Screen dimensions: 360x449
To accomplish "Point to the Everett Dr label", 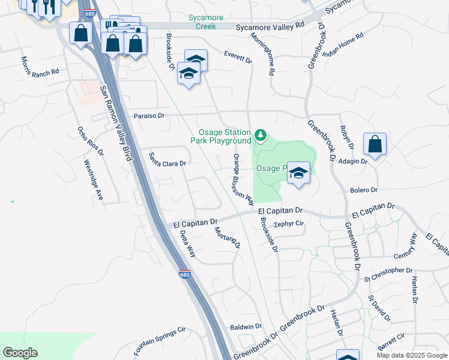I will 238,58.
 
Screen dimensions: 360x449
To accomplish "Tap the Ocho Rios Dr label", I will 91,140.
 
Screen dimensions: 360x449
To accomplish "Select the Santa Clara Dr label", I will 168,159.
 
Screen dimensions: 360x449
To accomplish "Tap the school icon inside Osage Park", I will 298,173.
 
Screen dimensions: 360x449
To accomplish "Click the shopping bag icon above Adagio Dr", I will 375,145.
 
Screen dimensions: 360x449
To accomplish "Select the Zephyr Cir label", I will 289,224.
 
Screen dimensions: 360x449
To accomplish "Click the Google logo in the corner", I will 20,353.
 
